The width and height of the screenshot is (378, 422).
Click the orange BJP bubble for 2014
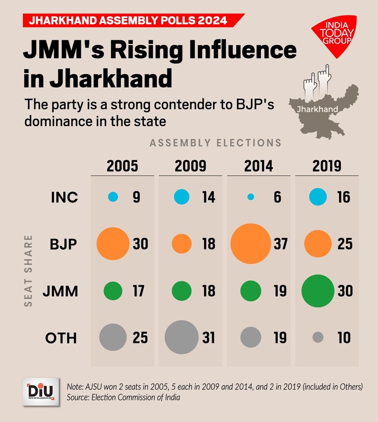pyautogui.click(x=250, y=244)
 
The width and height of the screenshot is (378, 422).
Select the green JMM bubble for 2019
pyautogui.click(x=318, y=290)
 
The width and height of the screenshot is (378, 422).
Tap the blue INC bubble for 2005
pyautogui.click(x=113, y=197)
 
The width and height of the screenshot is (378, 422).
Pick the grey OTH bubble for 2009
pyautogui.click(x=181, y=337)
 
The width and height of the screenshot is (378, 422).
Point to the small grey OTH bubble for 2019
pyautogui.click(x=318, y=337)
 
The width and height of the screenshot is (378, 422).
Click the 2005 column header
pyautogui.click(x=122, y=166)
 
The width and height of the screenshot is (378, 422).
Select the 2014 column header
pyautogui.click(x=259, y=166)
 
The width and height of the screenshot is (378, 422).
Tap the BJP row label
pyautogui.click(x=64, y=244)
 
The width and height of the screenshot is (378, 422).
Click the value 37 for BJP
pyautogui.click(x=280, y=244)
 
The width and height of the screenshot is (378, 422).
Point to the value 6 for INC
pyautogui.click(x=277, y=197)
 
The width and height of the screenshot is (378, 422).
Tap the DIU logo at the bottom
pyautogui.click(x=42, y=391)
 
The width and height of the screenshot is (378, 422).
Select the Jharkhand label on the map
pyautogui.click(x=318, y=108)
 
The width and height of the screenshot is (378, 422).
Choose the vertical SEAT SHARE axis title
pyautogui.click(x=28, y=270)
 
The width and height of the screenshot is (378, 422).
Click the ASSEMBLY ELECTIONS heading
pyautogui.click(x=215, y=143)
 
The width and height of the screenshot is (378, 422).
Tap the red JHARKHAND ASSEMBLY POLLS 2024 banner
pyautogui.click(x=129, y=21)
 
